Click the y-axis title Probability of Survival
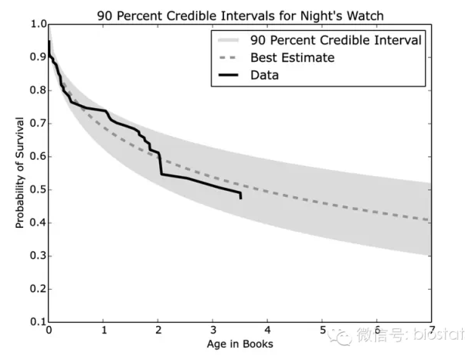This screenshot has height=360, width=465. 21,172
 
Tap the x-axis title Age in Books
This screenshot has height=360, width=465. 239,345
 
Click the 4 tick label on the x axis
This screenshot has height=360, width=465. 267,330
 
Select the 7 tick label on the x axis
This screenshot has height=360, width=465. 431,330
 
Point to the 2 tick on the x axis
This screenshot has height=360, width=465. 158,330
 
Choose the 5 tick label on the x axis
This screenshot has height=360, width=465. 322,330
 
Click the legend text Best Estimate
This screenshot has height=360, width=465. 291,58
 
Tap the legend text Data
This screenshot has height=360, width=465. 264,75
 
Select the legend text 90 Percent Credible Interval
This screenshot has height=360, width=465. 335,40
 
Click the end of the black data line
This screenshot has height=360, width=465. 241,198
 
